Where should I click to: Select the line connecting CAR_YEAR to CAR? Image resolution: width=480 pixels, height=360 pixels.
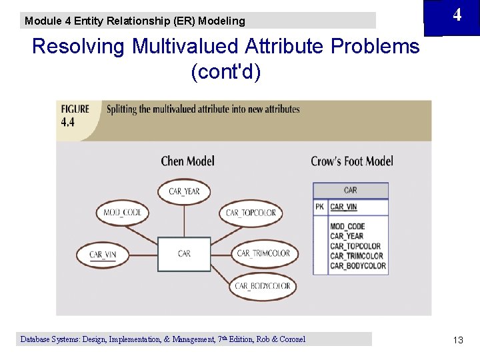[184, 221]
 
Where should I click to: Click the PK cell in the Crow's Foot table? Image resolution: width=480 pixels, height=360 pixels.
[320, 207]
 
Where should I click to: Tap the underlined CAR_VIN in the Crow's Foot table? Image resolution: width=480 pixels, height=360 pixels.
[343, 207]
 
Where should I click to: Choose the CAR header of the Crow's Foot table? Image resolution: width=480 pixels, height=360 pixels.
[351, 191]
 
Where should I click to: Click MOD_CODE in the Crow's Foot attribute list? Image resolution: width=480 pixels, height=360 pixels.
[347, 227]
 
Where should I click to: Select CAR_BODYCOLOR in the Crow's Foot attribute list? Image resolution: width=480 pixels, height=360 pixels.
[358, 266]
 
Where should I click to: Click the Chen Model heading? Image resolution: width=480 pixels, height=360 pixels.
[187, 161]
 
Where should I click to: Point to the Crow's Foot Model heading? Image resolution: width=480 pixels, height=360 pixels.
[352, 161]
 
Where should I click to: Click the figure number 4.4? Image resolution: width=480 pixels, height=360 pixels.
[67, 123]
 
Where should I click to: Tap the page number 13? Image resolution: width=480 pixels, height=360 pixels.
[458, 340]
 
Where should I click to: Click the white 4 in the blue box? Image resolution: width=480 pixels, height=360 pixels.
[457, 15]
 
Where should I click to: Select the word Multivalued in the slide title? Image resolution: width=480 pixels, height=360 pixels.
[185, 46]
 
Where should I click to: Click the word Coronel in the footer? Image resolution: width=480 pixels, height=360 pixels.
[293, 339]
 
